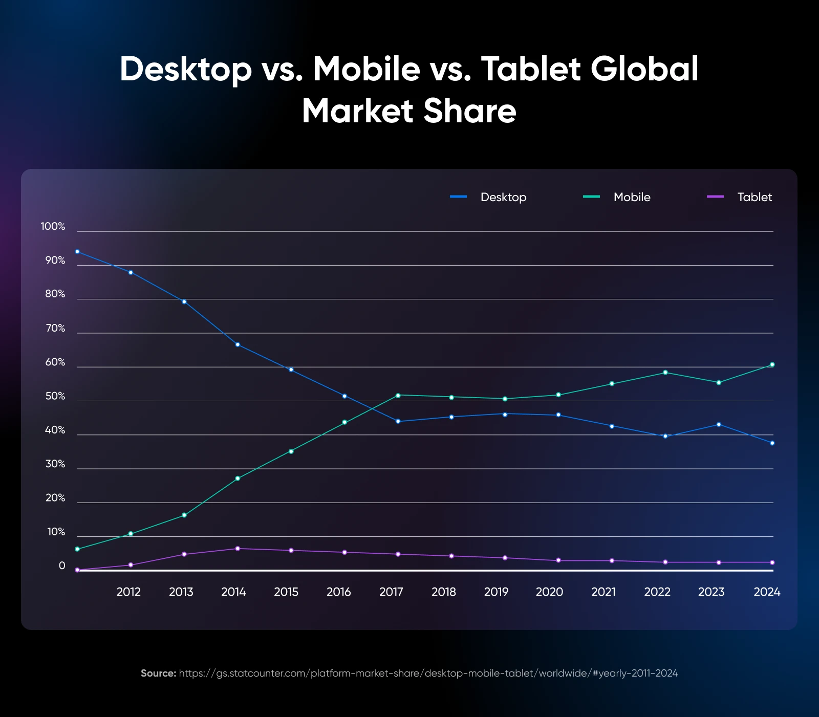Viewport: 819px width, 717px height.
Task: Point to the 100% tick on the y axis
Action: (53, 226)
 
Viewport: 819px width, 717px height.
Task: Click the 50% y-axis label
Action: (55, 396)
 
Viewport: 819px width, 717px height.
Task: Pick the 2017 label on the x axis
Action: (391, 592)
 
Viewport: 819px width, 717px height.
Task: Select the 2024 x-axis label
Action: (767, 592)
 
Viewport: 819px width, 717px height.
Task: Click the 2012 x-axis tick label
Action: (128, 592)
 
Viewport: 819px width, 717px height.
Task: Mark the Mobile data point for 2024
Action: (772, 364)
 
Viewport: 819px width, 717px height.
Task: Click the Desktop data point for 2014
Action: (238, 344)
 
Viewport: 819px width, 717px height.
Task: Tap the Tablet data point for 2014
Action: (238, 549)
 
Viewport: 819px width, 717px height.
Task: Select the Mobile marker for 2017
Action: (398, 395)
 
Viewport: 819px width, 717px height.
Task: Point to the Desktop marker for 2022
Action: (665, 436)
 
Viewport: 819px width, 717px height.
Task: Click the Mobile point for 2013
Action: (184, 515)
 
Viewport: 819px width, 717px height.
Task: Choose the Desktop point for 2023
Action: (719, 424)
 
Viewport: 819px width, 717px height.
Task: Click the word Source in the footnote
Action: (158, 673)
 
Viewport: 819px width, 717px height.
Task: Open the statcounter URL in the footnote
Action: (428, 673)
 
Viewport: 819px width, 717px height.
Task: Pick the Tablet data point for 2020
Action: (558, 560)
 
